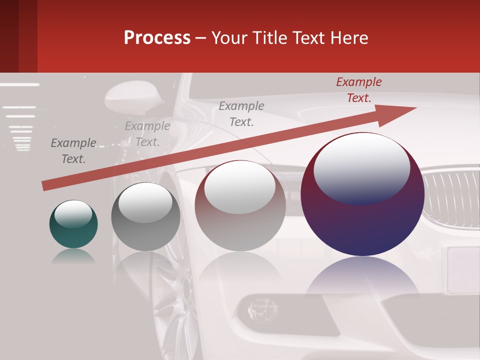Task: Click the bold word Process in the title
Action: point(157,37)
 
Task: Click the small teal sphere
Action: point(73,224)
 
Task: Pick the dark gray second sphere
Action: point(145,217)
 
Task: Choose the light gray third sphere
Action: point(240,206)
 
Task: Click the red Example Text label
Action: point(358,90)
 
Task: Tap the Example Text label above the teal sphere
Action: point(73,151)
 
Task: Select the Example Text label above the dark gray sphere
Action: point(147,134)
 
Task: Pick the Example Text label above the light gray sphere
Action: point(241,113)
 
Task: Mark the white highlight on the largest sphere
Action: point(361,167)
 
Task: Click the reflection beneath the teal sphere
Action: point(73,256)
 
